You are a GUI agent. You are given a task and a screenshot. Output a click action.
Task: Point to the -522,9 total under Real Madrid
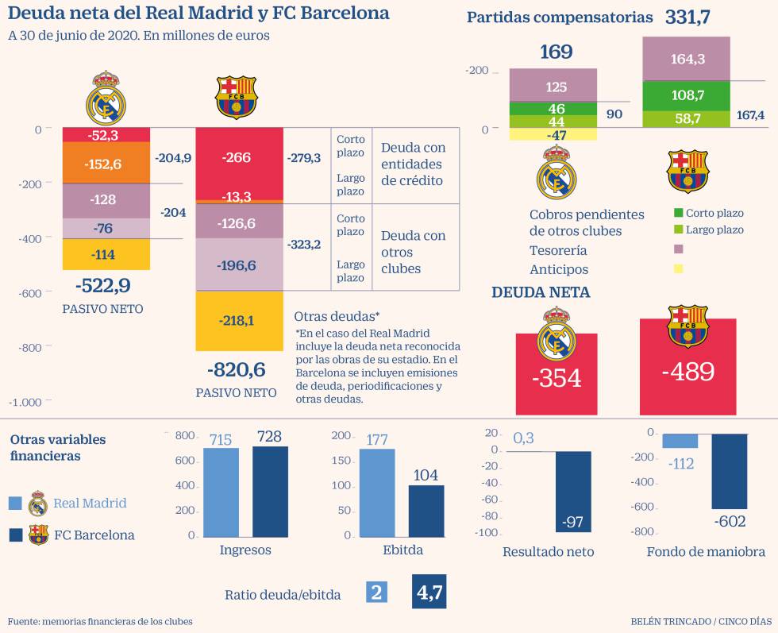[x=103, y=285]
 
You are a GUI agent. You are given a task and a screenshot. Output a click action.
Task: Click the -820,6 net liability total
[x=236, y=369]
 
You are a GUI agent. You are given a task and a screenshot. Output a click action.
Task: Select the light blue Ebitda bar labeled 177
[x=377, y=492]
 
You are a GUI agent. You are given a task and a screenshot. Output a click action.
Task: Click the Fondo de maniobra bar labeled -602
[x=729, y=471]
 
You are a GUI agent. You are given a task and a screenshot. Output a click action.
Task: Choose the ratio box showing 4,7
[x=435, y=592]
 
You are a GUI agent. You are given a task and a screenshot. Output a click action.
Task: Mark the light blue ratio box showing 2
[x=377, y=592]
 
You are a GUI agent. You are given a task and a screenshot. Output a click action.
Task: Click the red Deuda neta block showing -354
[x=557, y=373]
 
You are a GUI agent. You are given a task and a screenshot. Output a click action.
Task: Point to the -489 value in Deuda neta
[x=687, y=372]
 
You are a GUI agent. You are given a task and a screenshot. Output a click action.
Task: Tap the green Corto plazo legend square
[x=678, y=213]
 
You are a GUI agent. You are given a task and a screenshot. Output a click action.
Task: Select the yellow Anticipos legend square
[x=678, y=269]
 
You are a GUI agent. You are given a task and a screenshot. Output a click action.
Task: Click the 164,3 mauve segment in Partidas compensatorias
[x=687, y=59]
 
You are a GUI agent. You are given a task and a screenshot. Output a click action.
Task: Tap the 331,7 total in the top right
[x=687, y=17]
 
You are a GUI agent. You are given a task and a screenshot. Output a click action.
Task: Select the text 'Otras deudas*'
[x=337, y=316]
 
